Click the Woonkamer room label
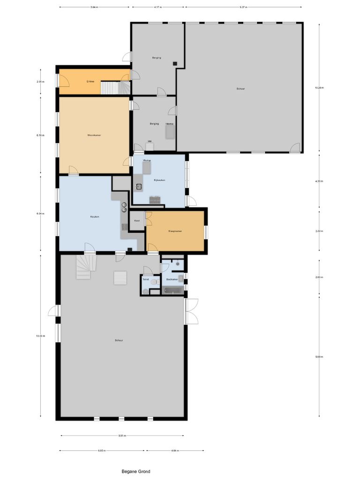pos(94,135)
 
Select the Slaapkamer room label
pos(175,231)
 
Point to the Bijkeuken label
pos(159,180)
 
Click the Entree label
pos(90,82)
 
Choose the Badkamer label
pos(172,279)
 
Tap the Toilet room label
pos(146,279)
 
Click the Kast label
pos(137,220)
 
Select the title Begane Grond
pos(136,472)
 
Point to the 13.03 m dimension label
pos(40,336)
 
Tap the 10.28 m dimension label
pos(319,88)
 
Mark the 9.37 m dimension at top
pos(243,7)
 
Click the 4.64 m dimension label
pos(175,450)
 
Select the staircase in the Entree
pos(116,88)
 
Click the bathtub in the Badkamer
pos(173,291)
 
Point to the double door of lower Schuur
pos(191,311)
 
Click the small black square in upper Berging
pos(174,63)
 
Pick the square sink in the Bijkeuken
pos(139,187)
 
